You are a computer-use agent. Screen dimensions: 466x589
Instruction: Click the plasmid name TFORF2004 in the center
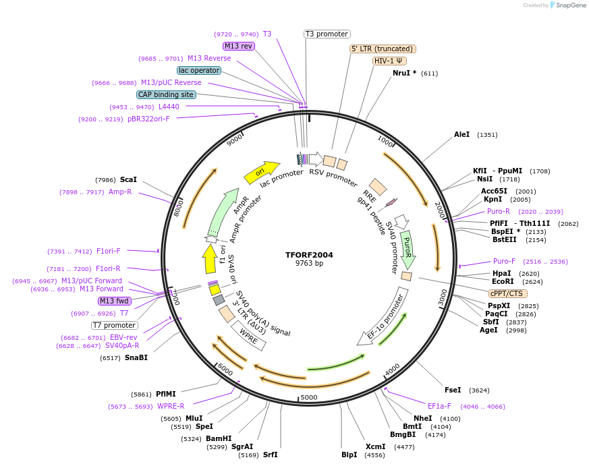coord(309,255)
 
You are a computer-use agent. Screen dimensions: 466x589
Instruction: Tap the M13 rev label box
coord(238,46)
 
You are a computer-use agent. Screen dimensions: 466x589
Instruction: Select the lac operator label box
coord(199,70)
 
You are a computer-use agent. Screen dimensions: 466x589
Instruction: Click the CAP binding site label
coord(166,94)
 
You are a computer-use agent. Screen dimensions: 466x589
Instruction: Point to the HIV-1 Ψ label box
coord(390,61)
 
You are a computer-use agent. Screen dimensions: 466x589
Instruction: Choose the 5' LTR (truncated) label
coord(383,49)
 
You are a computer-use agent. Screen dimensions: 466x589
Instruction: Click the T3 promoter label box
coord(327,34)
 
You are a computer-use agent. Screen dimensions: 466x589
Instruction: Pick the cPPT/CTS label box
coord(508,293)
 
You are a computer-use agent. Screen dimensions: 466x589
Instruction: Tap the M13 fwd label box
coord(115,301)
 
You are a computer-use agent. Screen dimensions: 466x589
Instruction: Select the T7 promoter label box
coord(115,325)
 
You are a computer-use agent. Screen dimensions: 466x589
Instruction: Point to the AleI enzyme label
coord(461,134)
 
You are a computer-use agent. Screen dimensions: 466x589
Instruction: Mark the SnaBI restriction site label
coord(136,357)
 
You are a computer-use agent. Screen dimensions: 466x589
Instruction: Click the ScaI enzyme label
coord(128,179)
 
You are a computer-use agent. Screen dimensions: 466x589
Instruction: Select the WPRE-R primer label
coord(171,406)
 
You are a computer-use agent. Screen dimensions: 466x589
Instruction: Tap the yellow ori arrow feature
coord(262,173)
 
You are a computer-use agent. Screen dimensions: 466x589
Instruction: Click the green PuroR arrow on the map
coord(407,248)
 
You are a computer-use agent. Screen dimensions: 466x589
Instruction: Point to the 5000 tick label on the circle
coord(308,397)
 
